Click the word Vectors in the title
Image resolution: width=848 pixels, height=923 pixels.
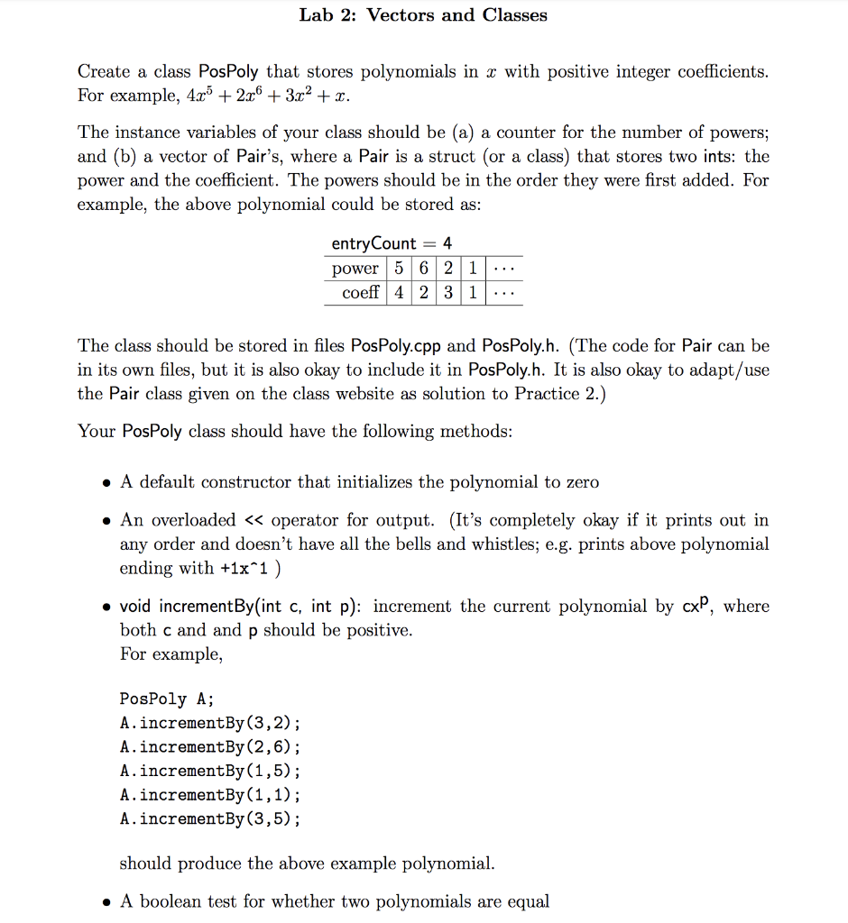(x=400, y=14)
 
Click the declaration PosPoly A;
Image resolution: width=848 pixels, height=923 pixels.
(x=166, y=699)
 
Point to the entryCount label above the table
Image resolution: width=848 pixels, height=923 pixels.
(x=373, y=243)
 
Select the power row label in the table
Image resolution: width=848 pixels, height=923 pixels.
(x=355, y=268)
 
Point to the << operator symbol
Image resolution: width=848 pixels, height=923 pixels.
(x=252, y=520)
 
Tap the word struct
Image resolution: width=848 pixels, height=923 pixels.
(x=449, y=156)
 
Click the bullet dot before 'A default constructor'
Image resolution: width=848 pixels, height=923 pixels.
(x=106, y=482)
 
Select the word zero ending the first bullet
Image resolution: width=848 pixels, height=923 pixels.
(x=582, y=482)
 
